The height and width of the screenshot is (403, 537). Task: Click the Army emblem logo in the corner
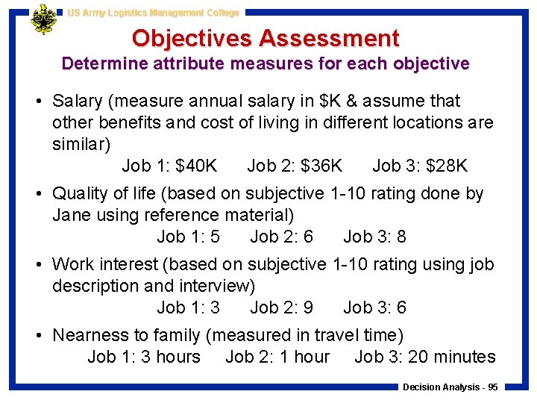[43, 20]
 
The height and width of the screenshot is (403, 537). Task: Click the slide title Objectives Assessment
[266, 37]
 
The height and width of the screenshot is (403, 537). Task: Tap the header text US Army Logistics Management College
[153, 13]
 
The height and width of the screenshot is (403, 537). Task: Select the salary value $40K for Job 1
[195, 166]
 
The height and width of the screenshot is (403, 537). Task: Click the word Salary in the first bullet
[78, 101]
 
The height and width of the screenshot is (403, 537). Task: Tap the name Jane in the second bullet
[70, 216]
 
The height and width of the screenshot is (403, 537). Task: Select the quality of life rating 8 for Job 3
[401, 237]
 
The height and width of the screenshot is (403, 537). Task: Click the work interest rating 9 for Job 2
[308, 307]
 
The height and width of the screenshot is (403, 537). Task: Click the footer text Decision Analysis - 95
[450, 387]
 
